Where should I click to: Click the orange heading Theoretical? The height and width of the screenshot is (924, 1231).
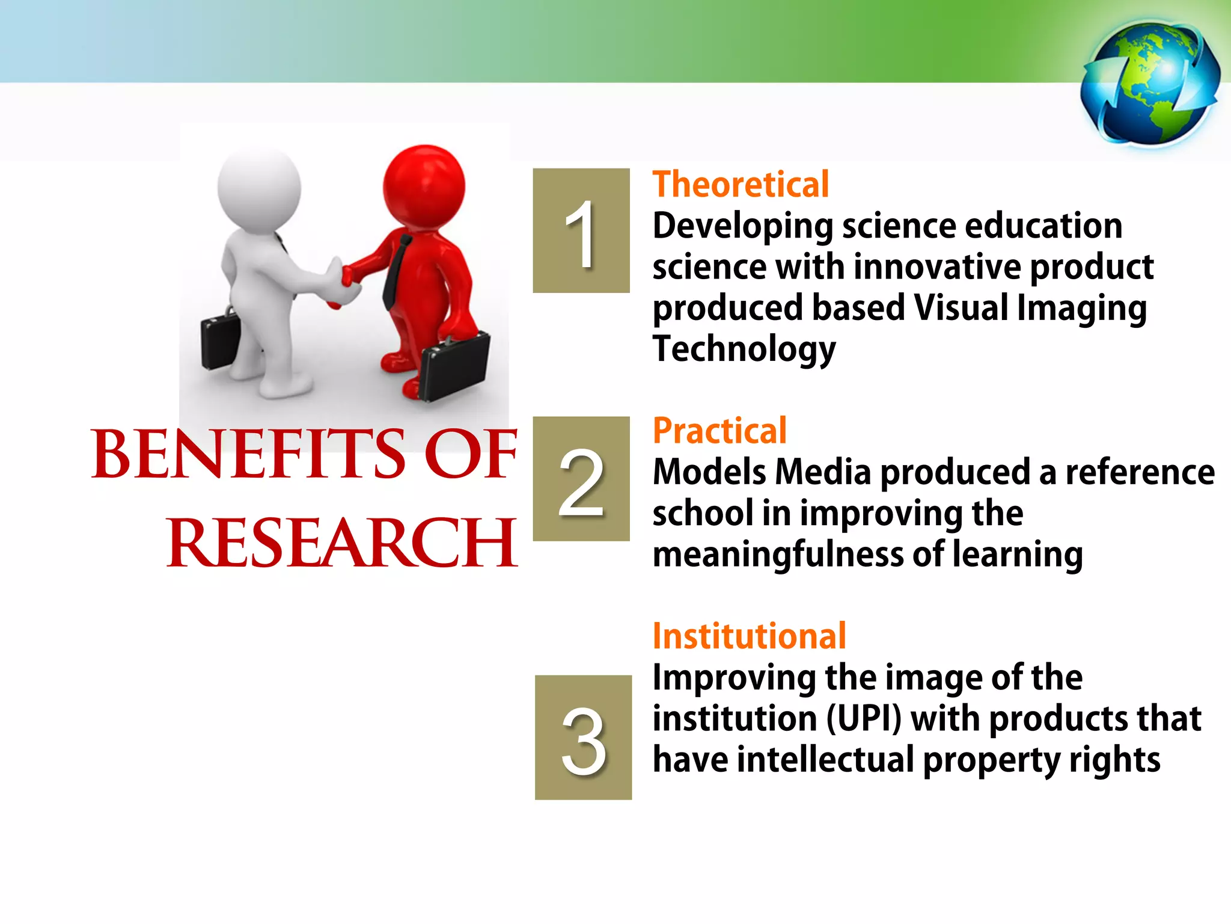coord(741,184)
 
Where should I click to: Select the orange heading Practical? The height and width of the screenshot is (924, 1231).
coord(719,431)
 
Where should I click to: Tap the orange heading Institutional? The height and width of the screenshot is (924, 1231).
coord(749,636)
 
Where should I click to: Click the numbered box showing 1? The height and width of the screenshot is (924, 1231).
coord(581,230)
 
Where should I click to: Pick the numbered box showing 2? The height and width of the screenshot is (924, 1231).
coord(581,479)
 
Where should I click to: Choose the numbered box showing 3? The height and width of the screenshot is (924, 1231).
coord(583,738)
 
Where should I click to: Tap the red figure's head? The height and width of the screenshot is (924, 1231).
coord(424,184)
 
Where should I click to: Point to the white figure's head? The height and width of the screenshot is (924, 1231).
coord(259,186)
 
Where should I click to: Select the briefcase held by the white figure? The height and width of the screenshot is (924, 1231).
coord(220,341)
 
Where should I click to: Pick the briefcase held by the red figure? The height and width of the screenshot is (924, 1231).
coord(454,366)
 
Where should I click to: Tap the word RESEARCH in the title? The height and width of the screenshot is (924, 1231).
coord(341,543)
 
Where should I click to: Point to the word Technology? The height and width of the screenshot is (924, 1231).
coord(744,349)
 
